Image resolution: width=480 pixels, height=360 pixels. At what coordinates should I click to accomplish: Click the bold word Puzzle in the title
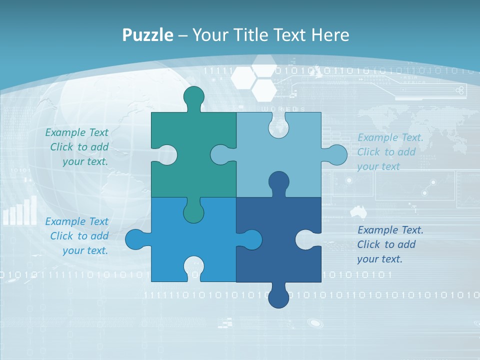[x=147, y=35]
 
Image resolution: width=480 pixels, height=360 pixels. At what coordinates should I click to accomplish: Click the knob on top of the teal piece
[x=193, y=96]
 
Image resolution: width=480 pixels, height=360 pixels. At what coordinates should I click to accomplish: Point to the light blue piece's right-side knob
[x=336, y=155]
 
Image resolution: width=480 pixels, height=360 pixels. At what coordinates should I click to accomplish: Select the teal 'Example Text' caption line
[x=76, y=132]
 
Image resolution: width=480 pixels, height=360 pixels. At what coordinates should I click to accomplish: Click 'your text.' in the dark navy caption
[x=379, y=259]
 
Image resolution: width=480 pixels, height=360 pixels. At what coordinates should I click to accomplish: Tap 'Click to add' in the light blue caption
[x=386, y=152]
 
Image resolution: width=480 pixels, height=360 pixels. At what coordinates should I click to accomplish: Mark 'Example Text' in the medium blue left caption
[x=76, y=221]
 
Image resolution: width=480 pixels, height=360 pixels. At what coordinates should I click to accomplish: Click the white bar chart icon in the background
[x=20, y=211]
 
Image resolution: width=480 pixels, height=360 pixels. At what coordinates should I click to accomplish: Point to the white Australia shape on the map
[x=358, y=211]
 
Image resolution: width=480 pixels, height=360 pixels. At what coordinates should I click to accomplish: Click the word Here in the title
[x=330, y=35]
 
